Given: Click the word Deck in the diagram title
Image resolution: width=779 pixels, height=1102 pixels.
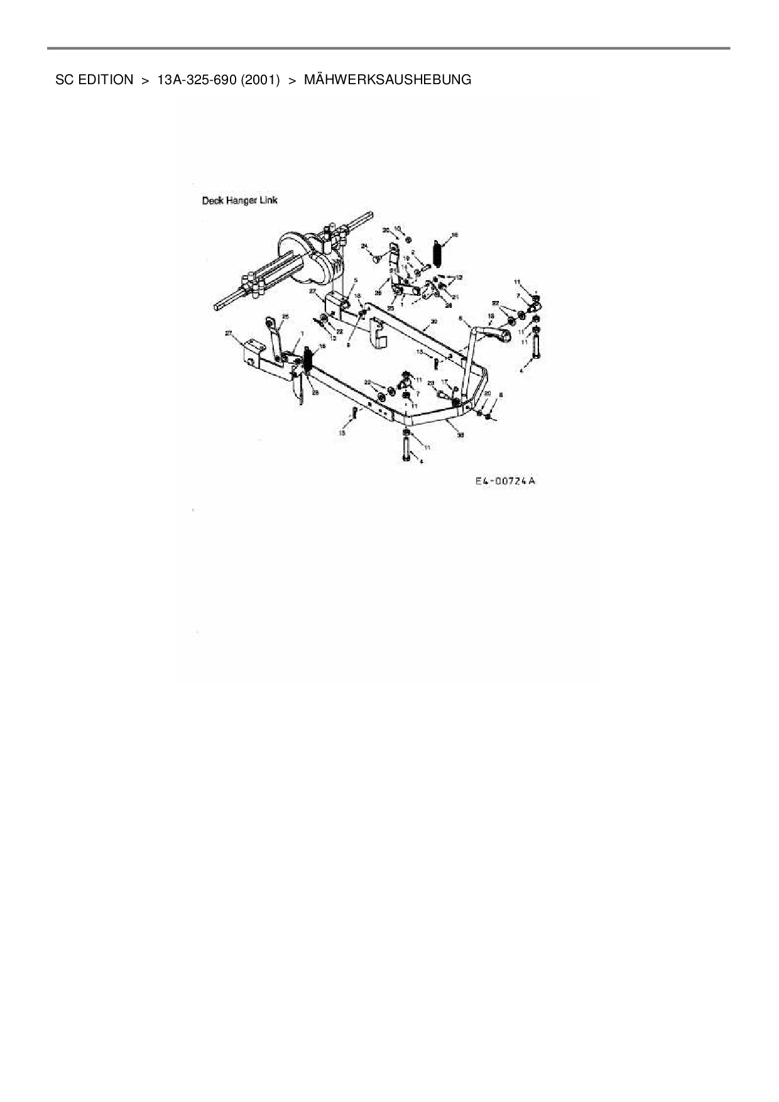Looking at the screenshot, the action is pos(212,200).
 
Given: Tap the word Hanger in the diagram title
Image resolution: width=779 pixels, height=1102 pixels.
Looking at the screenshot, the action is pos(241,200).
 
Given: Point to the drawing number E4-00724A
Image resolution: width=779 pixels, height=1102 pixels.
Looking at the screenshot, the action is pos(505,481).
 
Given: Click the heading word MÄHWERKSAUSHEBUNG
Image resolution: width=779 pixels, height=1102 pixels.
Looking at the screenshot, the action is pos(387,80).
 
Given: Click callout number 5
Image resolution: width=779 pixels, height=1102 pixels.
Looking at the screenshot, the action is pos(356,280).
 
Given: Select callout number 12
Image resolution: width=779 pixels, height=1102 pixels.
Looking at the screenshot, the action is pos(459,277).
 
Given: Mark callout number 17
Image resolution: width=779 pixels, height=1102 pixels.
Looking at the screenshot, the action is pos(443,381).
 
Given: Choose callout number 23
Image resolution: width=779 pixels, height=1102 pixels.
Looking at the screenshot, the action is pos(430,383).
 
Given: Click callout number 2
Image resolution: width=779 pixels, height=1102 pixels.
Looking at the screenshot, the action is pos(413,253).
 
